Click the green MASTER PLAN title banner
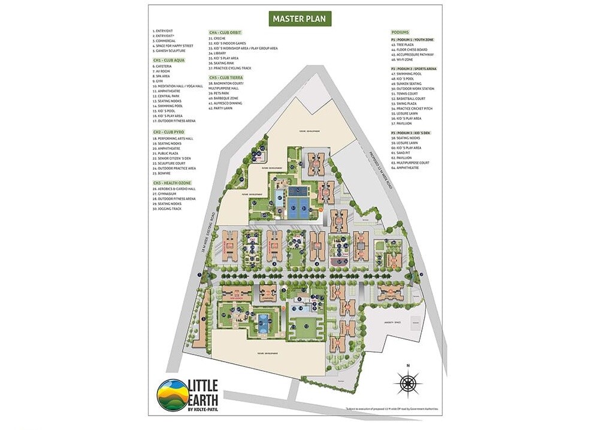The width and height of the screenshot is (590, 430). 299,19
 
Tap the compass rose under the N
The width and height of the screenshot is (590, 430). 407,381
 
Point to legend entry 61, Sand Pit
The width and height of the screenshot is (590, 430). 404,153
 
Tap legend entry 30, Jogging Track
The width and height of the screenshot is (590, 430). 170,209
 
